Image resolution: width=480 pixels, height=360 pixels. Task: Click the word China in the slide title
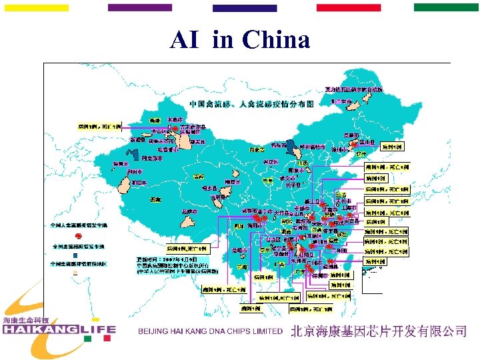(277, 41)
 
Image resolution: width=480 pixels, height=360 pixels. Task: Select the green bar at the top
(446, 7)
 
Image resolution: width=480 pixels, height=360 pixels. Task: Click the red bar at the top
(349, 7)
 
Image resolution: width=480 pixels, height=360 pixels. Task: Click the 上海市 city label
(349, 207)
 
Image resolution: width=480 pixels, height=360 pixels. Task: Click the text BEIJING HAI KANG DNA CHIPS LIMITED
(211, 331)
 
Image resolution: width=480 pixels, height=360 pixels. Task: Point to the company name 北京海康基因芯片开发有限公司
(378, 331)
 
